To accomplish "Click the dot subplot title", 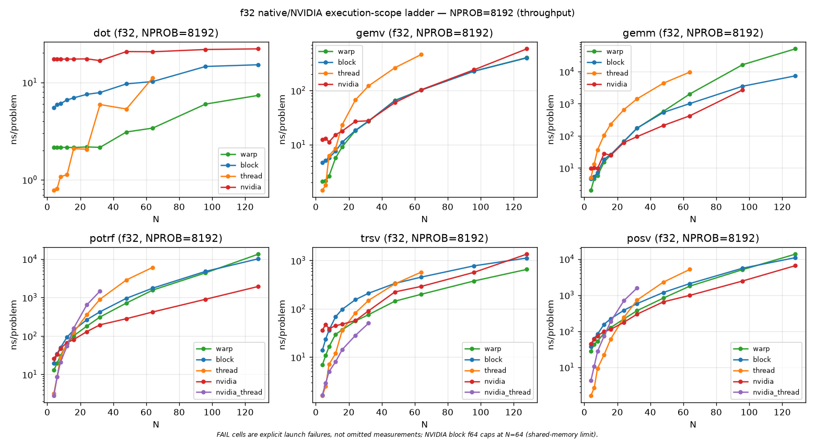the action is point(156,33).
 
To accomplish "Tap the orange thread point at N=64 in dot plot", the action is point(153,78).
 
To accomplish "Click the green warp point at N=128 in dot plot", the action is point(258,95).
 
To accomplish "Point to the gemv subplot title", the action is point(424,33).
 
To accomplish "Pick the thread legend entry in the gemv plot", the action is point(339,73).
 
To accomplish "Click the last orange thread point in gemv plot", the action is point(421,54).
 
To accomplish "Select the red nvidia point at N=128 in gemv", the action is point(527,49).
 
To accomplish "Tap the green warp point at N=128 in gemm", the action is point(795,49).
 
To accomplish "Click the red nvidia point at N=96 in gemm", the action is point(742,90).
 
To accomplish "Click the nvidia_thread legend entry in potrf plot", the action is point(229,392).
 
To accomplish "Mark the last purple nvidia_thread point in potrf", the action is point(100,291).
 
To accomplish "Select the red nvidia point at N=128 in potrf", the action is point(258,286).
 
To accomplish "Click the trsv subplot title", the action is point(424,238).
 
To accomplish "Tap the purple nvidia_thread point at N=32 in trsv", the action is point(368,324).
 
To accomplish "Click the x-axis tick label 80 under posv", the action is point(716,413).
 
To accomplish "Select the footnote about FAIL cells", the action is point(407,435).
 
